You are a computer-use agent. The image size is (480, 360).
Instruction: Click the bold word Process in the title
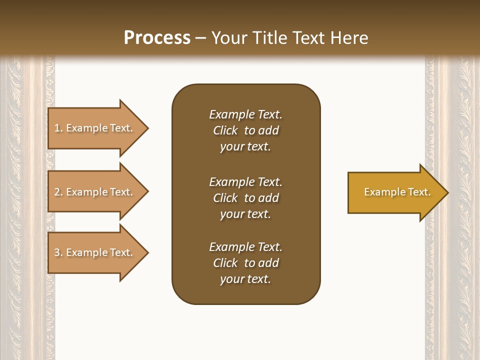[157, 38]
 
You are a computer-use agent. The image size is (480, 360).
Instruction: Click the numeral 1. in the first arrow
[58, 128]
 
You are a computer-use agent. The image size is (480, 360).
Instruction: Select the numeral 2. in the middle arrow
[58, 192]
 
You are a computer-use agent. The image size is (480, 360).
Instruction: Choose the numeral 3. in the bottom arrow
[58, 252]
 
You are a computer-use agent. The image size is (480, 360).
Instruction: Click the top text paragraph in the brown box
[245, 130]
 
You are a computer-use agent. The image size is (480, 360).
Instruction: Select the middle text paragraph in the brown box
[245, 198]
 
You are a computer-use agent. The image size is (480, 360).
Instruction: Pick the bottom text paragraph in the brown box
[245, 263]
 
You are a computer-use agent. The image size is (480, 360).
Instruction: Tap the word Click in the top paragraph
[225, 130]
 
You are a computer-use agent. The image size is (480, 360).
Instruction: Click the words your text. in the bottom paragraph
[245, 279]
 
